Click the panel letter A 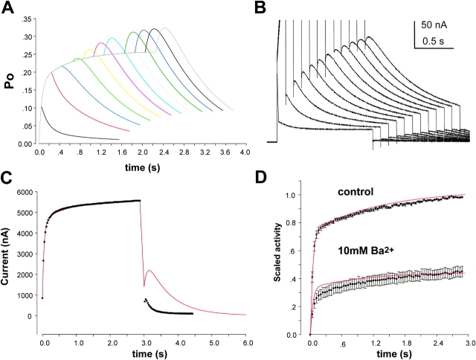point(10,8)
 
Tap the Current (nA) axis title point(9,255)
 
